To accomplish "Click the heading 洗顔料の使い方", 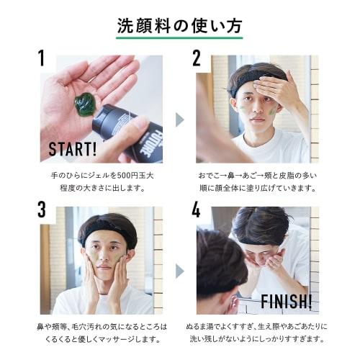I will click(179, 23).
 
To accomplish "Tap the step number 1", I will click(42, 58).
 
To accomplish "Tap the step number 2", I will click(196, 58).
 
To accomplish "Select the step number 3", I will click(42, 210).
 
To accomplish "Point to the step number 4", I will click(196, 210).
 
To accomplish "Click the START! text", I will click(72, 149).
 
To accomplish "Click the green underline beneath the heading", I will click(179, 38).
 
